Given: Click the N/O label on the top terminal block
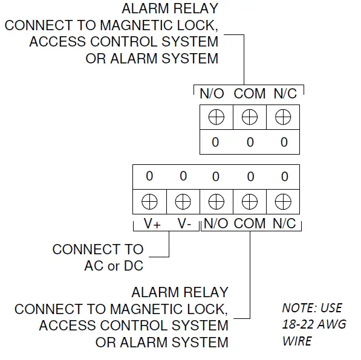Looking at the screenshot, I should (x=212, y=94).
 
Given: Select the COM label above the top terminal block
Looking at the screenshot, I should (x=250, y=94).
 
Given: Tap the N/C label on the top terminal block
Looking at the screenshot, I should (x=285, y=94).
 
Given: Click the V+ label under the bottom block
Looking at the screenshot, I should (x=151, y=223).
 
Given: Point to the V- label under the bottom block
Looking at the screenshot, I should (x=184, y=223).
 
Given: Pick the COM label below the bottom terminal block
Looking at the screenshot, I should (x=250, y=223).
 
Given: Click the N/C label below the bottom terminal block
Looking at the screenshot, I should (x=283, y=223).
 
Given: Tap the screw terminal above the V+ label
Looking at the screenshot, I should (x=149, y=201).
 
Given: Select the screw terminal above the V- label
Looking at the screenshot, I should (x=183, y=201).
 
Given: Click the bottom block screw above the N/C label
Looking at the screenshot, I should (x=283, y=201).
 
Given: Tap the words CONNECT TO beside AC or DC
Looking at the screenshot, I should (x=98, y=249).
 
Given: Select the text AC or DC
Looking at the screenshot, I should (x=114, y=266).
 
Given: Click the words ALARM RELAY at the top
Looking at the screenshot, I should (x=170, y=9).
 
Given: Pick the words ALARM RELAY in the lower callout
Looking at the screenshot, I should (x=180, y=293).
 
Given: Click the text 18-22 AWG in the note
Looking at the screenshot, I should (x=314, y=324).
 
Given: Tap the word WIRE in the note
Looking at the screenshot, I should (x=297, y=341).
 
